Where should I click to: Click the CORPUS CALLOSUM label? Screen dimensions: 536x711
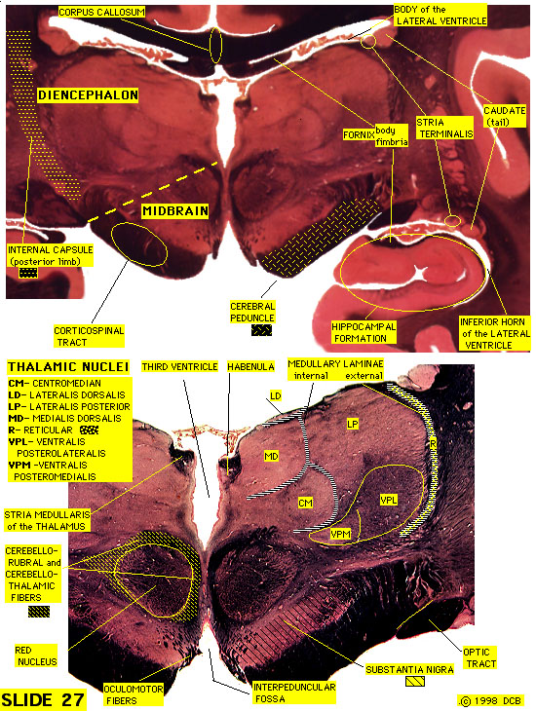point(101,13)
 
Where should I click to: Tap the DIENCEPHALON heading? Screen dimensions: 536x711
point(88,95)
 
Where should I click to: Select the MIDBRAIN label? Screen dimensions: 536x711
point(175,210)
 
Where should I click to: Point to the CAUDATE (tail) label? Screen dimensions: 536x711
point(505,116)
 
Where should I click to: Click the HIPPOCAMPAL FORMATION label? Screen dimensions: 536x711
point(364,332)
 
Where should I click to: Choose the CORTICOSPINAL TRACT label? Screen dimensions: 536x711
point(89,336)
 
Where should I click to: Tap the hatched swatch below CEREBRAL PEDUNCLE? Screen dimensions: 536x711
point(262,330)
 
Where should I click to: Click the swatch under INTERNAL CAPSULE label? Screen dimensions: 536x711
point(28,273)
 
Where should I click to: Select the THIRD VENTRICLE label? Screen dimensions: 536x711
point(179,366)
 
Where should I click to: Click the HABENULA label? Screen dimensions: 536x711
point(250,366)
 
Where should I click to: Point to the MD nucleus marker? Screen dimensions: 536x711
point(271,456)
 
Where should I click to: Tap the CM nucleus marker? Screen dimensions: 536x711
point(305,503)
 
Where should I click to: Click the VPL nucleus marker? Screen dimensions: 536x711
point(389,501)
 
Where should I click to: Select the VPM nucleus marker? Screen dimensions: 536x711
point(340,534)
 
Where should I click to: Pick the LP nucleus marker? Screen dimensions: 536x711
point(353,424)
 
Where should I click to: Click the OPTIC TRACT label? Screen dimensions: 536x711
point(479,658)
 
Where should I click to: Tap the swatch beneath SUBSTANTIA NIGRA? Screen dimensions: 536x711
point(415,681)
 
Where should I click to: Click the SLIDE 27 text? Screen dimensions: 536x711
point(44,698)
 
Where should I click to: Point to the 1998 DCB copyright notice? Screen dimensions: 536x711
point(490,700)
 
